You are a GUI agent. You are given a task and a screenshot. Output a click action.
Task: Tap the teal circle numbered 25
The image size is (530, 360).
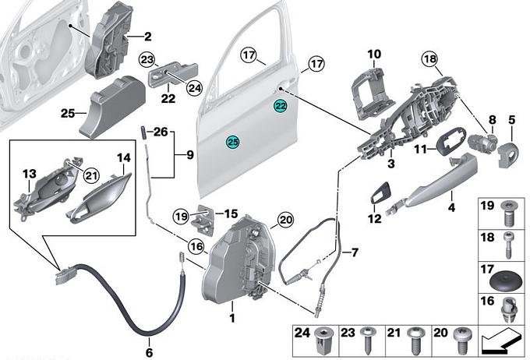click(232, 141)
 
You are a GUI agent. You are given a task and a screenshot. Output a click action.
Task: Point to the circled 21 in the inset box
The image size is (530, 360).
click(90, 174)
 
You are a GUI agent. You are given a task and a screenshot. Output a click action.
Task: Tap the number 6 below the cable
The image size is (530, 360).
click(150, 341)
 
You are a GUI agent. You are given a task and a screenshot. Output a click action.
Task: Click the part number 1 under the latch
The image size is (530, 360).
click(231, 318)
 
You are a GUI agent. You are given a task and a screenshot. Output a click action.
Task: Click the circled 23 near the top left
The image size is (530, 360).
click(148, 58)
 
